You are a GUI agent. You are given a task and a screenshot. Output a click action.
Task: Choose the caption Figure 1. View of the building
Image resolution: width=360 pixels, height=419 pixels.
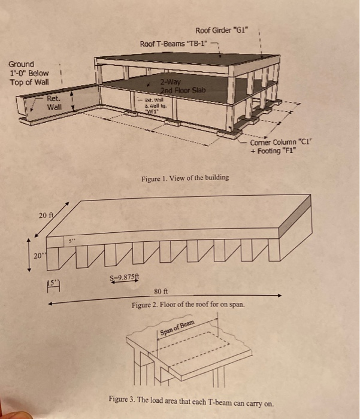[x=184, y=178]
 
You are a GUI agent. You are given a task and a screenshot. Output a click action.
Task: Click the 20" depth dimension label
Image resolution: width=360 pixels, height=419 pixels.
[x=38, y=255]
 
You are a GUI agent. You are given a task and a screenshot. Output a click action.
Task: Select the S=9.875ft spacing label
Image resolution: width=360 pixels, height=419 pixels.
[x=122, y=277]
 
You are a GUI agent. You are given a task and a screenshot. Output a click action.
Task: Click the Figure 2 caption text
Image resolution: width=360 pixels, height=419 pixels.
[x=187, y=305]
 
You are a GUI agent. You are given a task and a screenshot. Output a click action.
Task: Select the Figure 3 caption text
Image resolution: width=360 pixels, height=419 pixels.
[x=192, y=399]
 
